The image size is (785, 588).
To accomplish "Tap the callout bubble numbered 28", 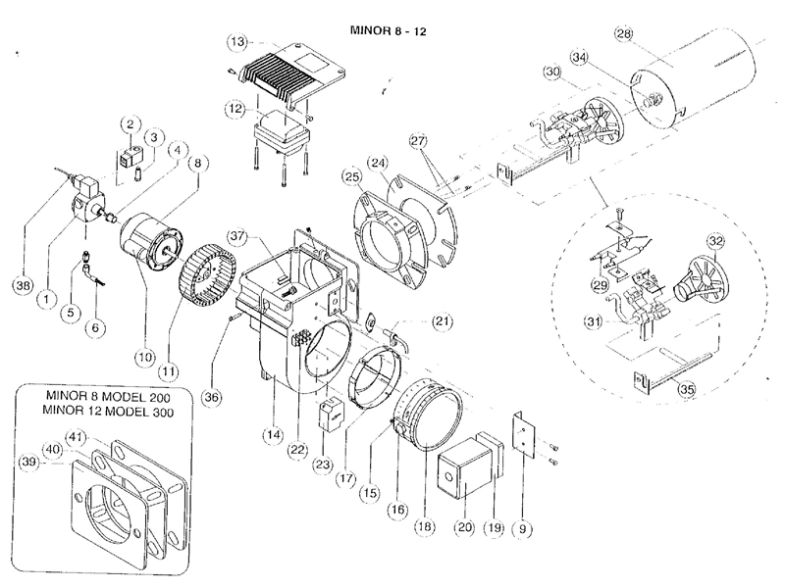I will click(x=622, y=34).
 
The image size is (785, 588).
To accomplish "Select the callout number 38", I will click(x=22, y=285).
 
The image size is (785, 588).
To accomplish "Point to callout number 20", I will click(x=463, y=526).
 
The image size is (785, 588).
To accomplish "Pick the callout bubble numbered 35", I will click(x=688, y=389).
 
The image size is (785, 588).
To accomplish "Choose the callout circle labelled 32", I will click(x=715, y=240).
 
